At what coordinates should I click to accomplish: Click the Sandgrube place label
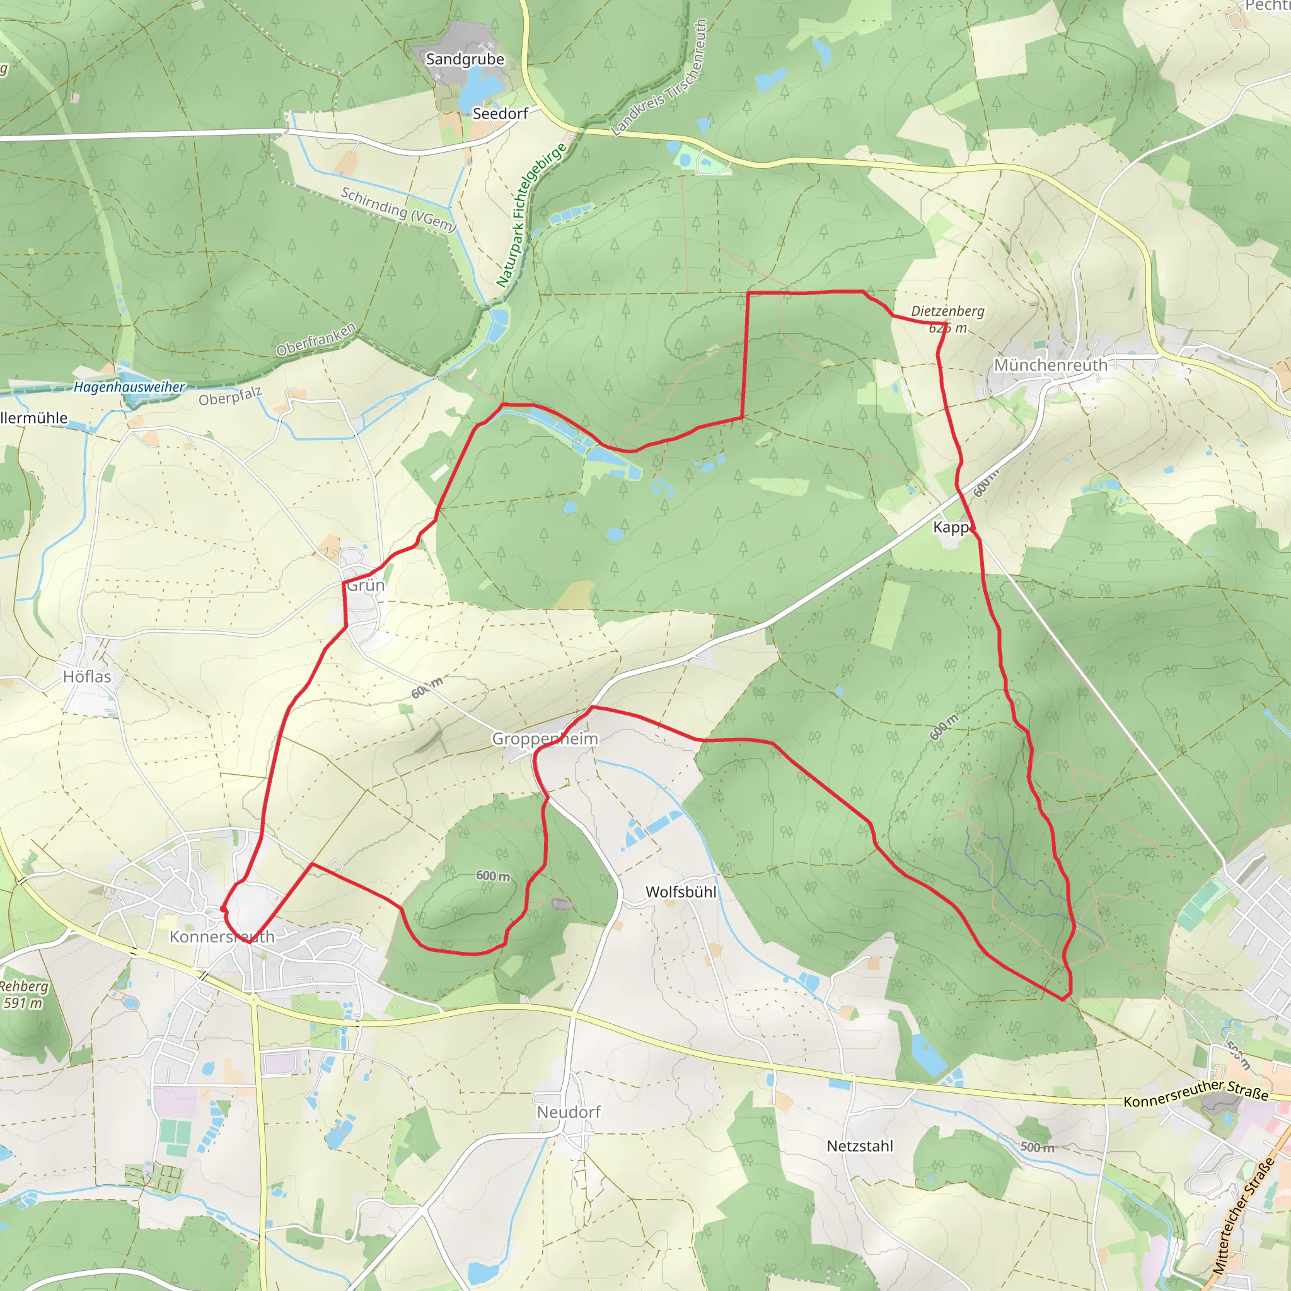[465, 59]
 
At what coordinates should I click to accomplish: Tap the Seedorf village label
[500, 113]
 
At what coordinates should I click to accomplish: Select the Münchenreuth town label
[1050, 366]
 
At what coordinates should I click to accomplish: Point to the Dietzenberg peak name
[947, 311]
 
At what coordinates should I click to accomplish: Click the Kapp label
[951, 527]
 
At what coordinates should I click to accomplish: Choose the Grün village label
[366, 586]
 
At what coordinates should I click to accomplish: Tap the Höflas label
[87, 677]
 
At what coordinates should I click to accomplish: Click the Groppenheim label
[545, 739]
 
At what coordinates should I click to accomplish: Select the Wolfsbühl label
[681, 892]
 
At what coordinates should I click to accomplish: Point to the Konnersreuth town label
[222, 937]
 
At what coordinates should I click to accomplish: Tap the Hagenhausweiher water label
[129, 387]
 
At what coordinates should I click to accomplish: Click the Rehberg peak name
[24, 987]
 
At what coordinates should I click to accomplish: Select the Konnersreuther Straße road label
[1196, 1093]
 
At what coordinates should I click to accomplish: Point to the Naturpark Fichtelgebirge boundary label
[531, 215]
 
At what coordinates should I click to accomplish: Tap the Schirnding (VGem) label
[398, 209]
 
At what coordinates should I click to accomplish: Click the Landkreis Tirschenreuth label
[659, 78]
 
